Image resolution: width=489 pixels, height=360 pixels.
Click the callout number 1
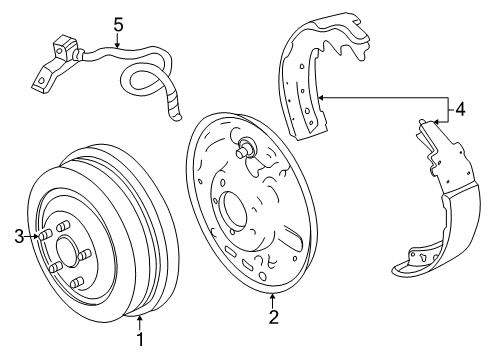[141, 339]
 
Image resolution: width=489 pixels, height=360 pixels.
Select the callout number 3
[17, 236]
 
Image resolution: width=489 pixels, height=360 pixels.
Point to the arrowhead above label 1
[141, 318]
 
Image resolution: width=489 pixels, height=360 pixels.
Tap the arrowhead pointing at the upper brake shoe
[321, 96]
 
